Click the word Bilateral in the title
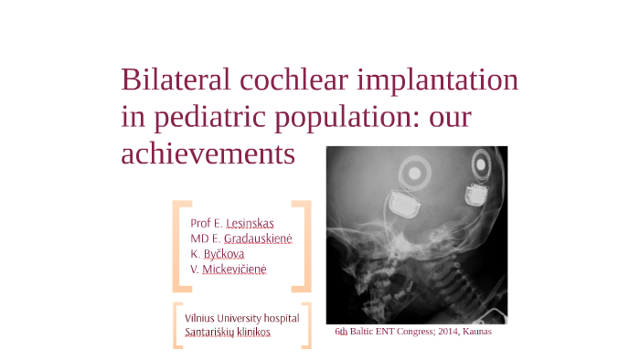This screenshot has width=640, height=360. (x=176, y=80)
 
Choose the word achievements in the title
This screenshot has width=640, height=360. (x=208, y=153)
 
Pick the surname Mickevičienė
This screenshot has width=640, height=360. (x=234, y=270)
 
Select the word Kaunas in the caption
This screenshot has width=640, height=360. (x=476, y=332)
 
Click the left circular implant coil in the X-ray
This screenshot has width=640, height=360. (x=415, y=171)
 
